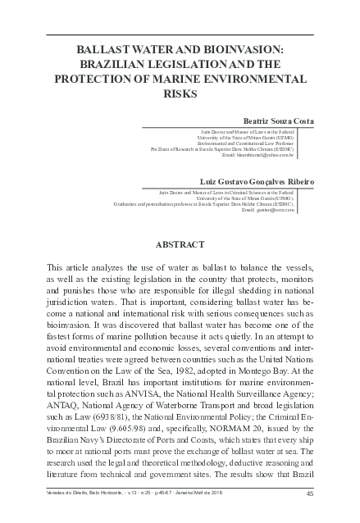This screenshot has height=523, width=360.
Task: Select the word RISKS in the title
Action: point(180,93)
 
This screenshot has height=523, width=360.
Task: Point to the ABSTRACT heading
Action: point(180,244)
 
